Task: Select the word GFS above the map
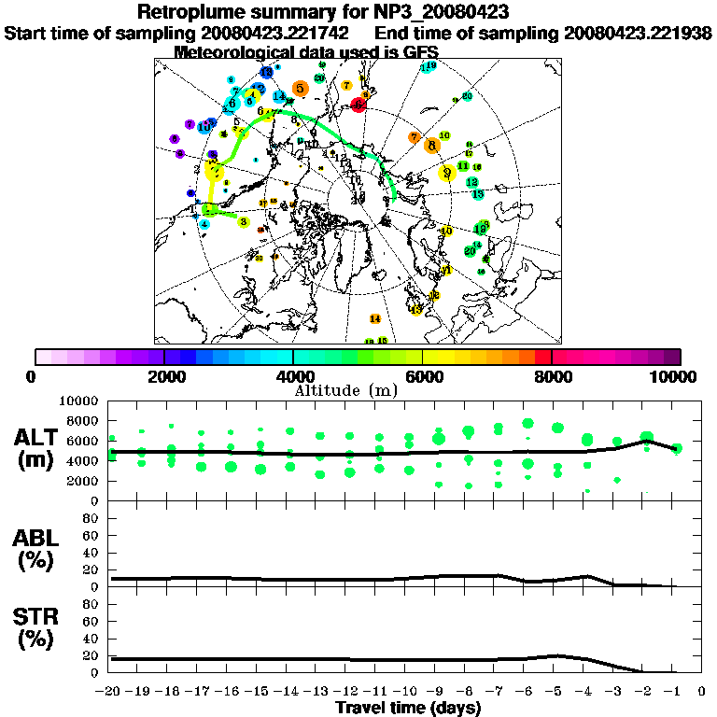420,52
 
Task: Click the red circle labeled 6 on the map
359,105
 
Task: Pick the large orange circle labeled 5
300,88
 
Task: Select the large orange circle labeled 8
430,145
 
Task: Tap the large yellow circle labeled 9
448,172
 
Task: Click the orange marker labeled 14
374,318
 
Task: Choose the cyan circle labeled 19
428,67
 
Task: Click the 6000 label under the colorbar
423,376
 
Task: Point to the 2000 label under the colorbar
164,376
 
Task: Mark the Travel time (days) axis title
408,708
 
